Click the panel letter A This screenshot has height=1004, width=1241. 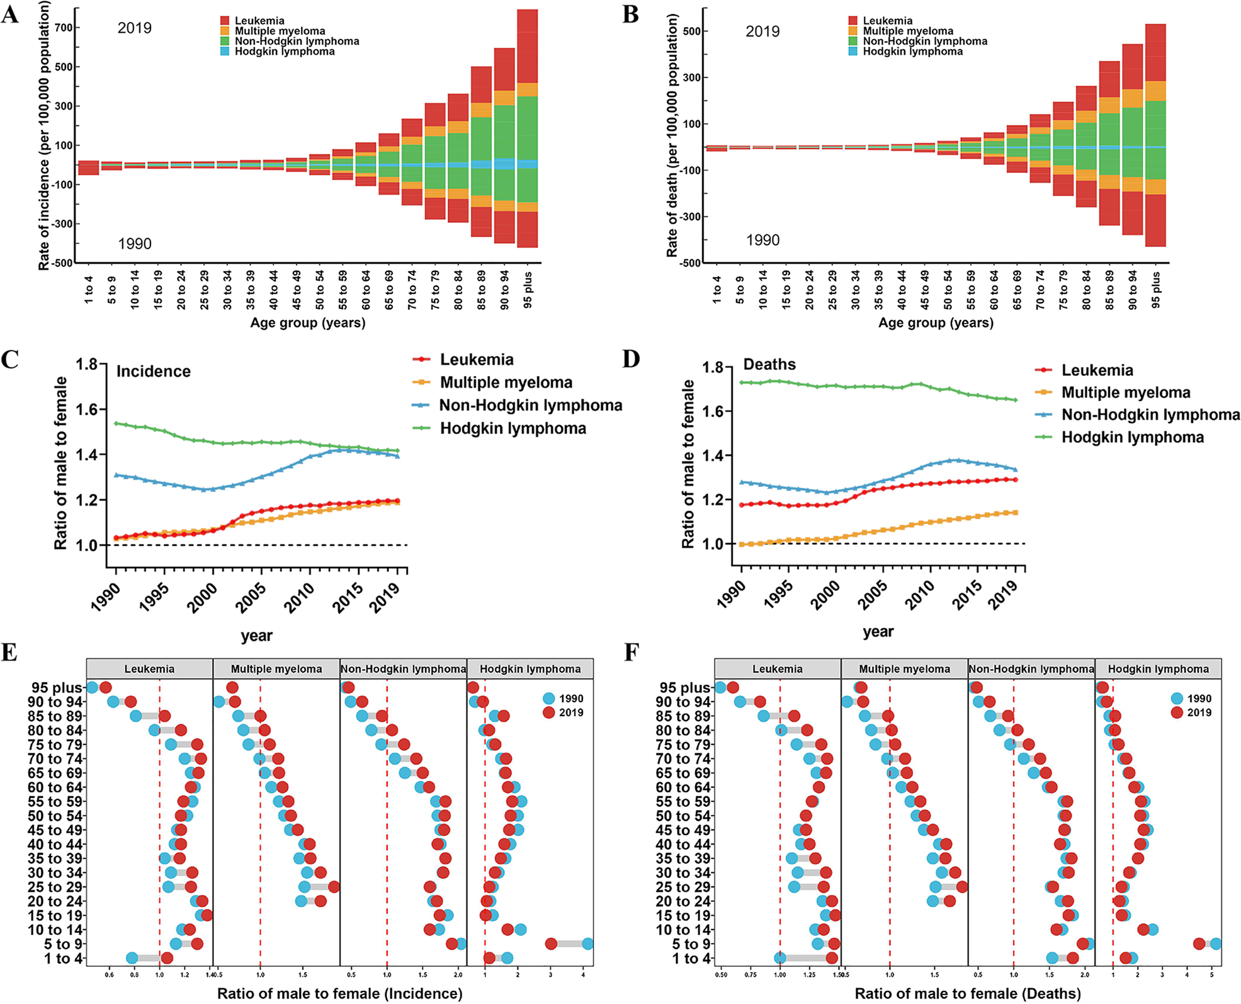point(9,13)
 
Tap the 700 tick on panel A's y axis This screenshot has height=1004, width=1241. point(63,28)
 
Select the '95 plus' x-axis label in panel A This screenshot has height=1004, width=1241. point(528,290)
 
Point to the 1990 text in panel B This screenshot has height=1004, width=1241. point(762,240)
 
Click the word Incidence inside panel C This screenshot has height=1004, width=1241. point(153,371)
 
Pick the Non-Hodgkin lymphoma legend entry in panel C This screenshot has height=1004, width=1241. point(530,406)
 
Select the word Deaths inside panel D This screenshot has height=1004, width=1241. point(769,364)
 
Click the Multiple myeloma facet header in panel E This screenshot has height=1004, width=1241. point(276,669)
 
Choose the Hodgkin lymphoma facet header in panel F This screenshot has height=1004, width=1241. point(1158,669)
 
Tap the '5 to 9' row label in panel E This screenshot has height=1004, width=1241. point(63,944)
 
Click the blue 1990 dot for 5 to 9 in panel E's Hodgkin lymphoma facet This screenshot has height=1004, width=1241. point(587,944)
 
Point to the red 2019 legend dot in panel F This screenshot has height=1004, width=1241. point(1177,712)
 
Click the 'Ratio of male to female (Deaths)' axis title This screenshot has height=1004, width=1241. point(967,993)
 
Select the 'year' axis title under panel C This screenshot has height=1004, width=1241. point(256,636)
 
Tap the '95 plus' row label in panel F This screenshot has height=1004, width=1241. point(684,688)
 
